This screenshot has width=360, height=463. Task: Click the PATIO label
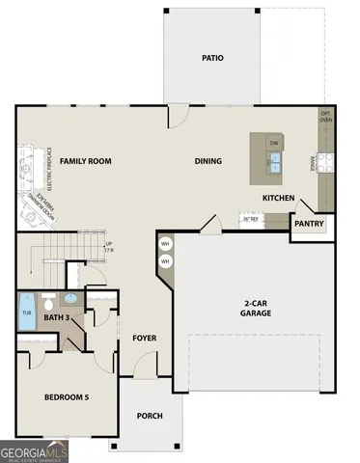(212, 58)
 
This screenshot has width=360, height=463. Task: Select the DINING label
(208, 161)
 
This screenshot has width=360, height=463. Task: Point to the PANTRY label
(309, 224)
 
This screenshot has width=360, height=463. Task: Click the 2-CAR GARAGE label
(257, 309)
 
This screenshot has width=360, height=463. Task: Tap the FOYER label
(145, 339)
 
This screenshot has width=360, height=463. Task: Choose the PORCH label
(150, 416)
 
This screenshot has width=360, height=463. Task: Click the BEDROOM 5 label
(66, 396)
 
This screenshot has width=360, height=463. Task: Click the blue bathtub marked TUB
(27, 313)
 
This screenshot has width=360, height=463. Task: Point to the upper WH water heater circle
(165, 243)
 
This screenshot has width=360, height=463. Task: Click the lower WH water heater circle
(165, 260)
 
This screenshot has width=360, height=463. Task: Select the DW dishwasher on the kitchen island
(274, 144)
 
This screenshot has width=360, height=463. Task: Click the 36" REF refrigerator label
(251, 219)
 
